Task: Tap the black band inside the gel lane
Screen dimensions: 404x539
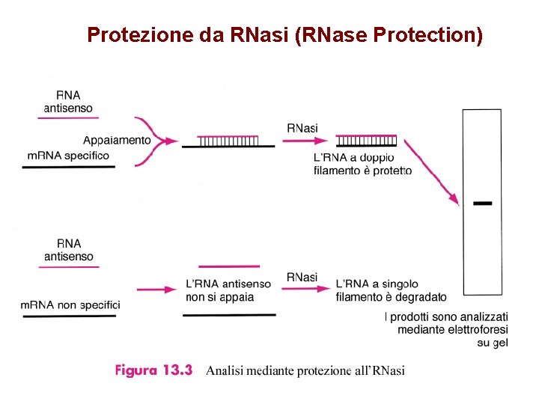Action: pos(483,203)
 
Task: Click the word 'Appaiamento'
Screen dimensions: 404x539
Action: pos(117,140)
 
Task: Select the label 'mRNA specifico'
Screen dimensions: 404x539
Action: pos(68,156)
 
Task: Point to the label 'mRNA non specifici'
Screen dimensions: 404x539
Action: pos(70,304)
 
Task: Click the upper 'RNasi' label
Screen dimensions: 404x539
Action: pos(302,128)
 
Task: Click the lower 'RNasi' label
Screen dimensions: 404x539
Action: pos(302,277)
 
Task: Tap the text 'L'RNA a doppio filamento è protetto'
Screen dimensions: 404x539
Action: pos(362,164)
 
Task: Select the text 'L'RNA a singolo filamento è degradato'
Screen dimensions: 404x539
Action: pos(391,290)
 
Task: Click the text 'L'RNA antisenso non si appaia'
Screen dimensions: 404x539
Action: pos(228,290)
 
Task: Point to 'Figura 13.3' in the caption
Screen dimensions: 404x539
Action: pos(154,370)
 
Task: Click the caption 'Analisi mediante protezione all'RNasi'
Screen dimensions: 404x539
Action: pos(305,370)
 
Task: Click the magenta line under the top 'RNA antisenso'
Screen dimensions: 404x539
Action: pos(68,117)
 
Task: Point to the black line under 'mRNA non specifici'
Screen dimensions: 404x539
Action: pos(68,316)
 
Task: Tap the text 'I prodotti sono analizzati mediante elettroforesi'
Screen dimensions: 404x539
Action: pos(446,323)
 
